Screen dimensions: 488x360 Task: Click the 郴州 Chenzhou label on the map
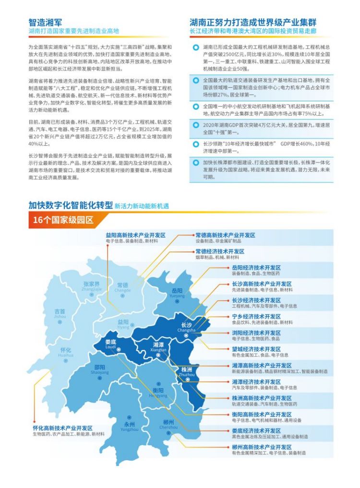tap(168, 424)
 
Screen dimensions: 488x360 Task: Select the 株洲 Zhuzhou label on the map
tap(187, 372)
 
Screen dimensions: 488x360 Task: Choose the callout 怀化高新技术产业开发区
tap(62, 428)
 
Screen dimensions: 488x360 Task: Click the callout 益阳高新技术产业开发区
tap(136, 235)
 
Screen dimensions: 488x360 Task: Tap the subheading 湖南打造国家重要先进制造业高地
tap(73, 31)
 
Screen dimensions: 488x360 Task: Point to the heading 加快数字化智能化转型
tap(70, 206)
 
